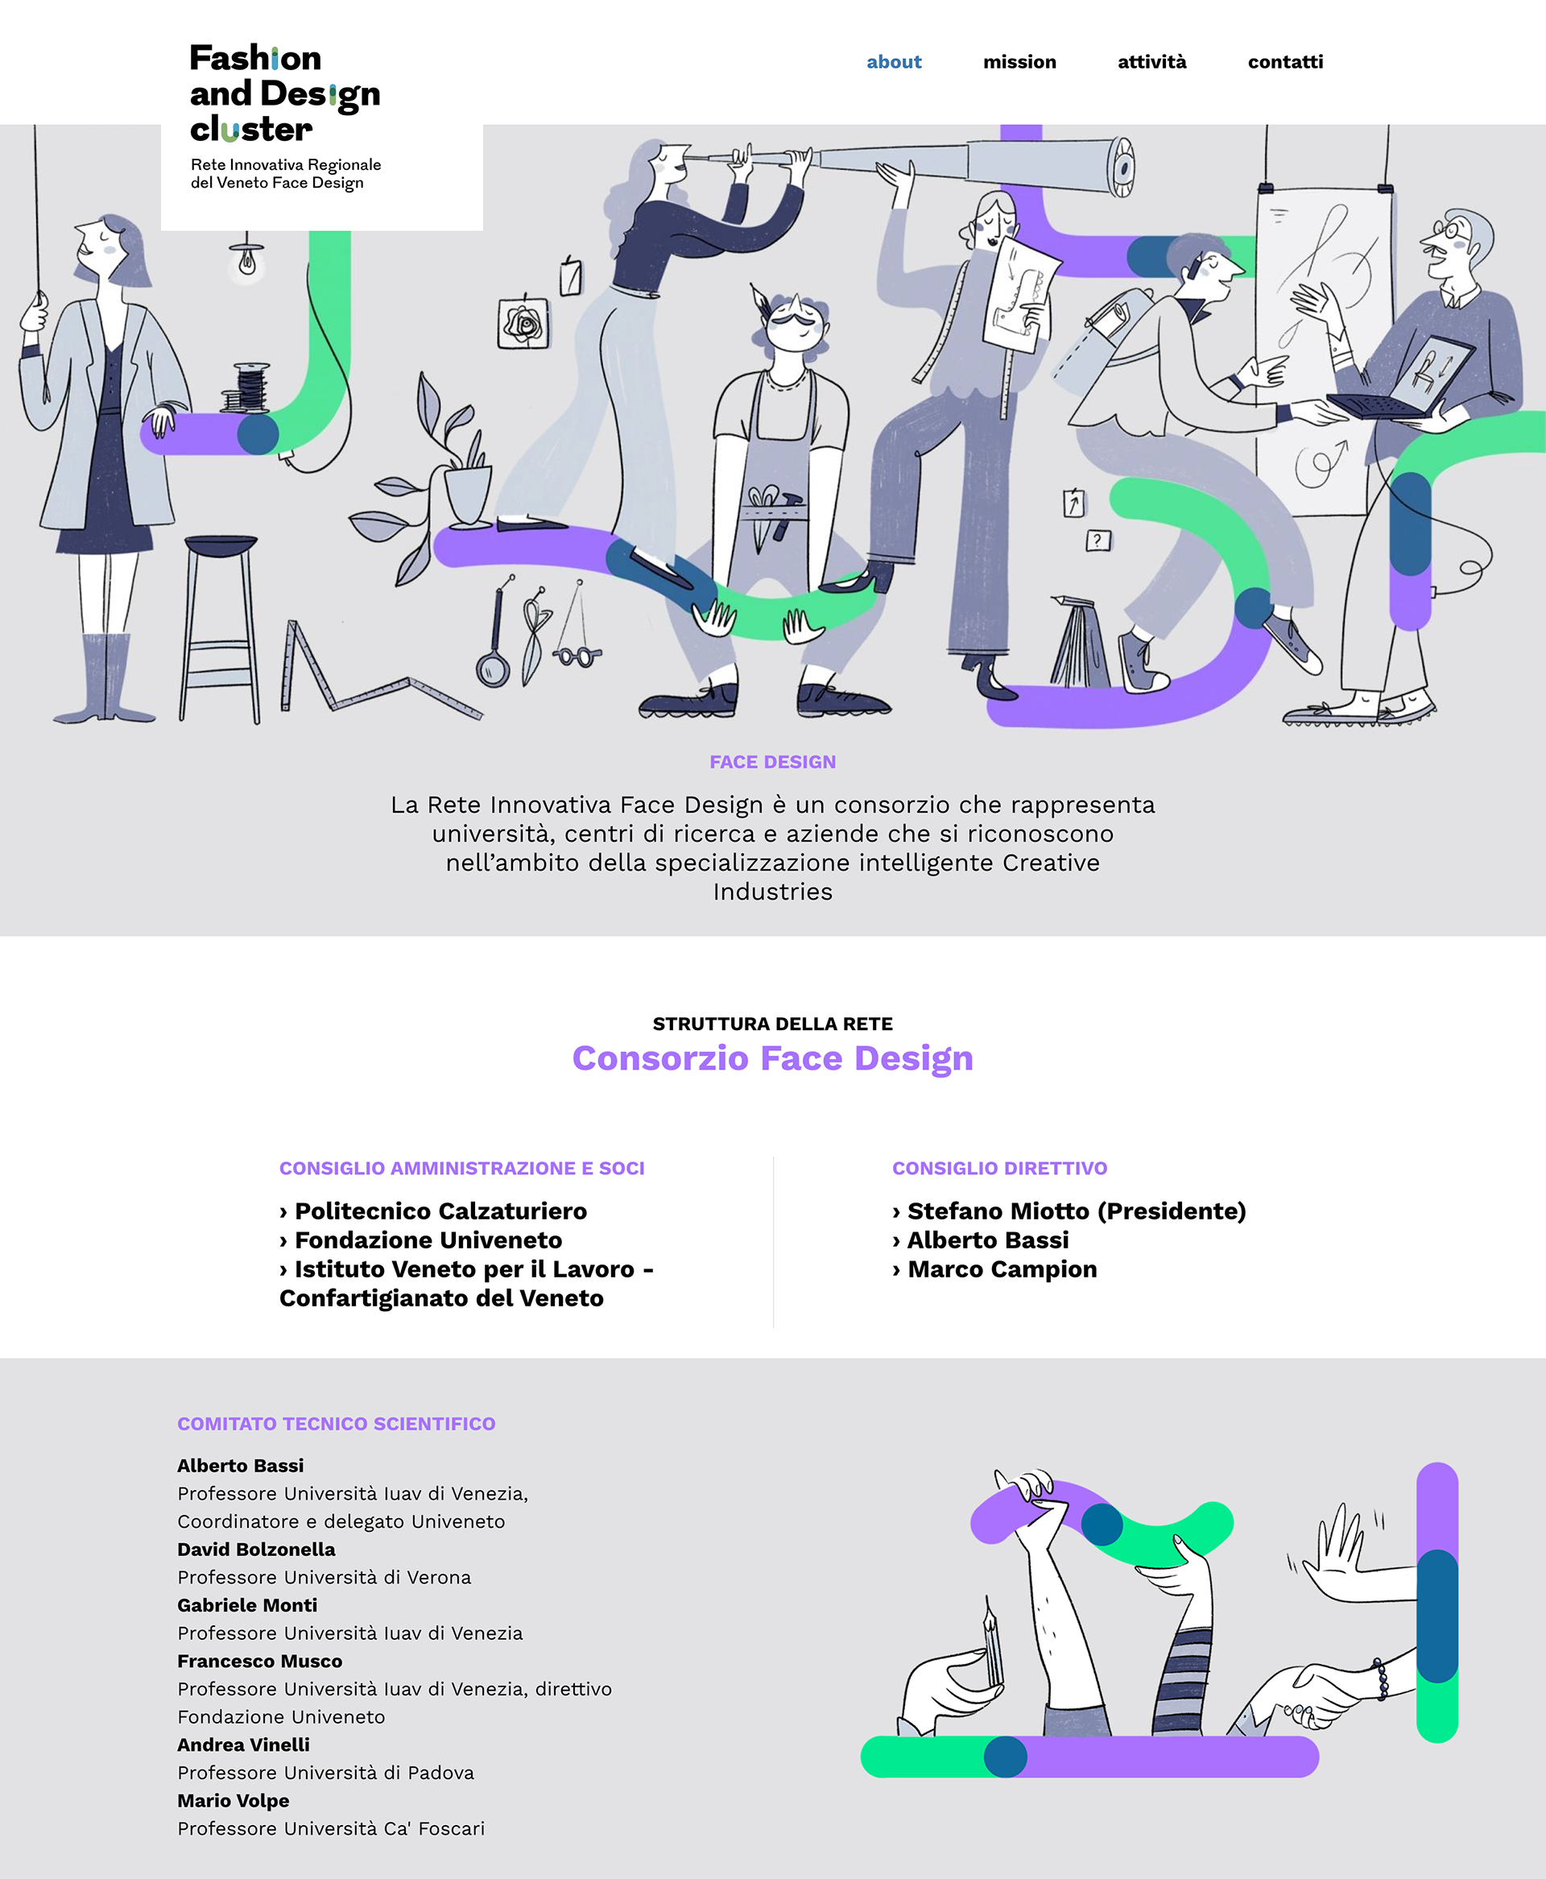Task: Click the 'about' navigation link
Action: coord(893,61)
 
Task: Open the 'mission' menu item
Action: coord(1019,61)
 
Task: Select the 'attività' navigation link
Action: coord(1151,61)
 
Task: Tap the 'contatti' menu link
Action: coord(1284,61)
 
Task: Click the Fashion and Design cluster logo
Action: coord(285,116)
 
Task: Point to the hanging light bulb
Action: coord(247,260)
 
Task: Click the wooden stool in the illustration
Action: coord(219,623)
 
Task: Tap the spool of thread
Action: coord(251,387)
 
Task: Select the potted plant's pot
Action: coord(467,495)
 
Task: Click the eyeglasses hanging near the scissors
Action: coord(577,656)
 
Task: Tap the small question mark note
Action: coord(1098,540)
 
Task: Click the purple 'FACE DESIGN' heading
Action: coord(772,761)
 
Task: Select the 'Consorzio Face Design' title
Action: coord(772,1058)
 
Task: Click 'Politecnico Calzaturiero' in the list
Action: coord(440,1211)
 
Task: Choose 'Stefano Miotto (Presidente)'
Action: coord(1076,1211)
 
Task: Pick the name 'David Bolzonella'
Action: coord(257,1549)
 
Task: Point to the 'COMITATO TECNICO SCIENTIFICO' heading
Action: coord(336,1423)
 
